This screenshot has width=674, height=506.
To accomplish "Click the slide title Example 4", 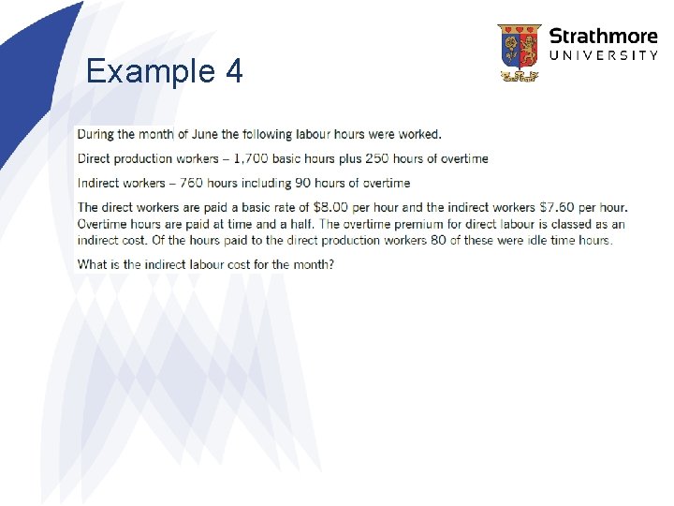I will pyautogui.click(x=164, y=71).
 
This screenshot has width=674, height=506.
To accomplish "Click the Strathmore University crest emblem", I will pyautogui.click(x=519, y=52).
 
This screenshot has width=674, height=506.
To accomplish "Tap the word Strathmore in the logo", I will pyautogui.click(x=603, y=37).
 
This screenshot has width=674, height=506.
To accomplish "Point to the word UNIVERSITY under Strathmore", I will pyautogui.click(x=603, y=56).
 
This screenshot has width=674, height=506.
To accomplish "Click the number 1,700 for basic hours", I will pyautogui.click(x=265, y=158).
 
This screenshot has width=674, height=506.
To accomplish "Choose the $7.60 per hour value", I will pyautogui.click(x=560, y=207).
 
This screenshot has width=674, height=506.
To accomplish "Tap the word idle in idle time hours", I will pyautogui.click(x=535, y=240).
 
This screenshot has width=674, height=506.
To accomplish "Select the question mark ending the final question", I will pyautogui.click(x=330, y=264).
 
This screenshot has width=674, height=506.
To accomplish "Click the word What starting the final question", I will pyautogui.click(x=93, y=264).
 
